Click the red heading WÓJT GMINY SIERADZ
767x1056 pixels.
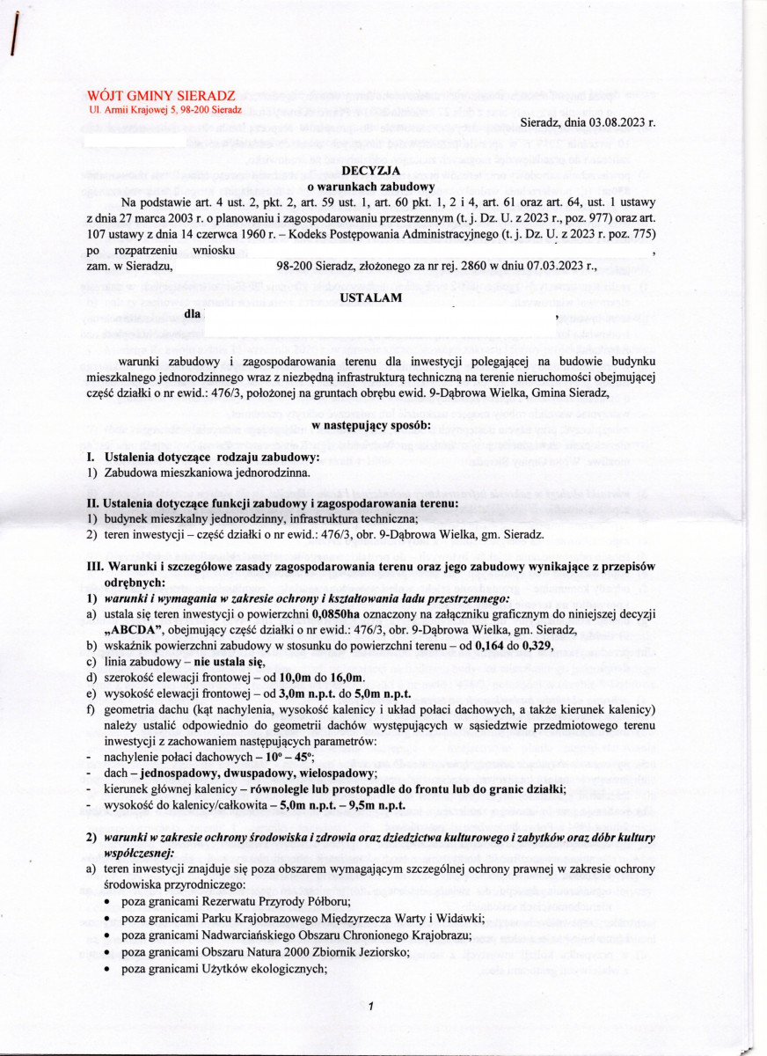pyautogui.click(x=161, y=94)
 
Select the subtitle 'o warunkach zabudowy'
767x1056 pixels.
pyautogui.click(x=383, y=187)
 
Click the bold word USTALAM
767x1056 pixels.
pyautogui.click(x=383, y=297)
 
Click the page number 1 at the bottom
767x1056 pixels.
pyautogui.click(x=371, y=1006)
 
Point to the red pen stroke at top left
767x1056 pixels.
pyautogui.click(x=14, y=38)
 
